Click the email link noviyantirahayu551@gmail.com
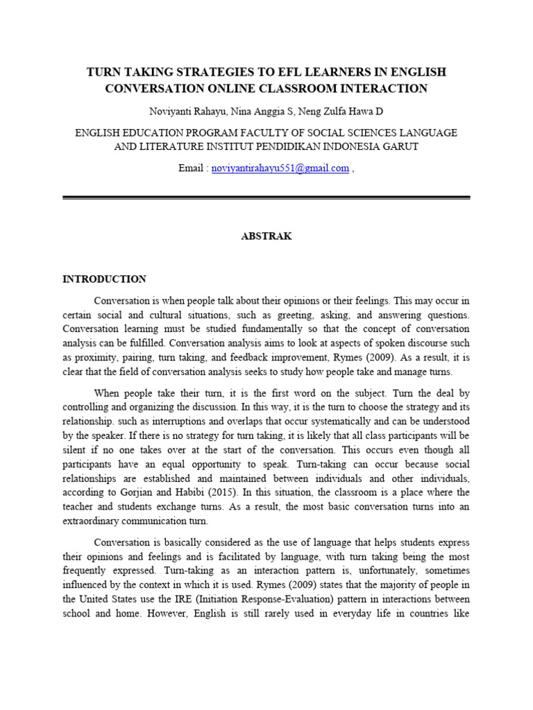coord(280,168)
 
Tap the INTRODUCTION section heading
coord(104,279)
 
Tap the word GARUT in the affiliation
coord(400,146)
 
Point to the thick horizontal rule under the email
coord(266,198)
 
